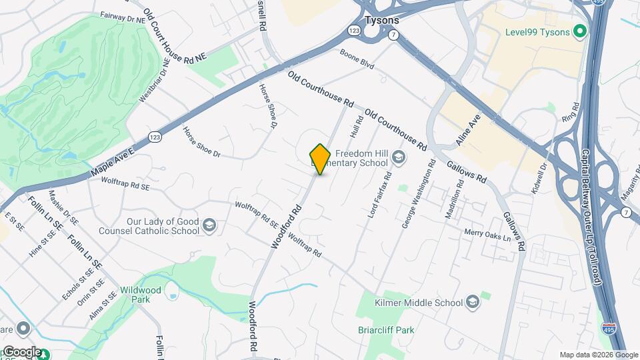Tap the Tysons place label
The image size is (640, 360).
pos(382,20)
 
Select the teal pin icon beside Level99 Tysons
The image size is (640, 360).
pos(580,31)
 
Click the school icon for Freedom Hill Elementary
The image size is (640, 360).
pos(399,157)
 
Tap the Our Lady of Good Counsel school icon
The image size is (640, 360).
pos(209,225)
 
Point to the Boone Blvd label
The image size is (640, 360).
pos(357,59)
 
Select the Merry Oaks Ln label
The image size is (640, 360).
pos(487,235)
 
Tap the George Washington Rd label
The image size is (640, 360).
pos(418,195)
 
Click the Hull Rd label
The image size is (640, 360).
pos(356,124)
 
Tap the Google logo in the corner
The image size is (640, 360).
pos(21,351)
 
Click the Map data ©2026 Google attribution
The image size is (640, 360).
pos(599,355)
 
